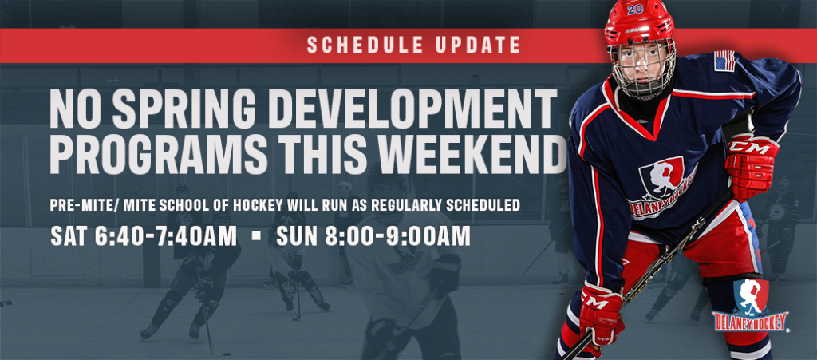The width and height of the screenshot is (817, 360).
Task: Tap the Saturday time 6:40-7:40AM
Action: pos(166,236)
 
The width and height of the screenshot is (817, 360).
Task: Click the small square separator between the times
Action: pos(256,236)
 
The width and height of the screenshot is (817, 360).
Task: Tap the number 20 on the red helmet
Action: pos(634,9)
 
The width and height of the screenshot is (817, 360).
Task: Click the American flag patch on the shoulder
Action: pos(724,61)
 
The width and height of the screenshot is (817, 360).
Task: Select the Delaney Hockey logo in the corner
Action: pos(750,307)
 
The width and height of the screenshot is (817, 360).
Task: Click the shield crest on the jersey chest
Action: pos(661,181)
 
